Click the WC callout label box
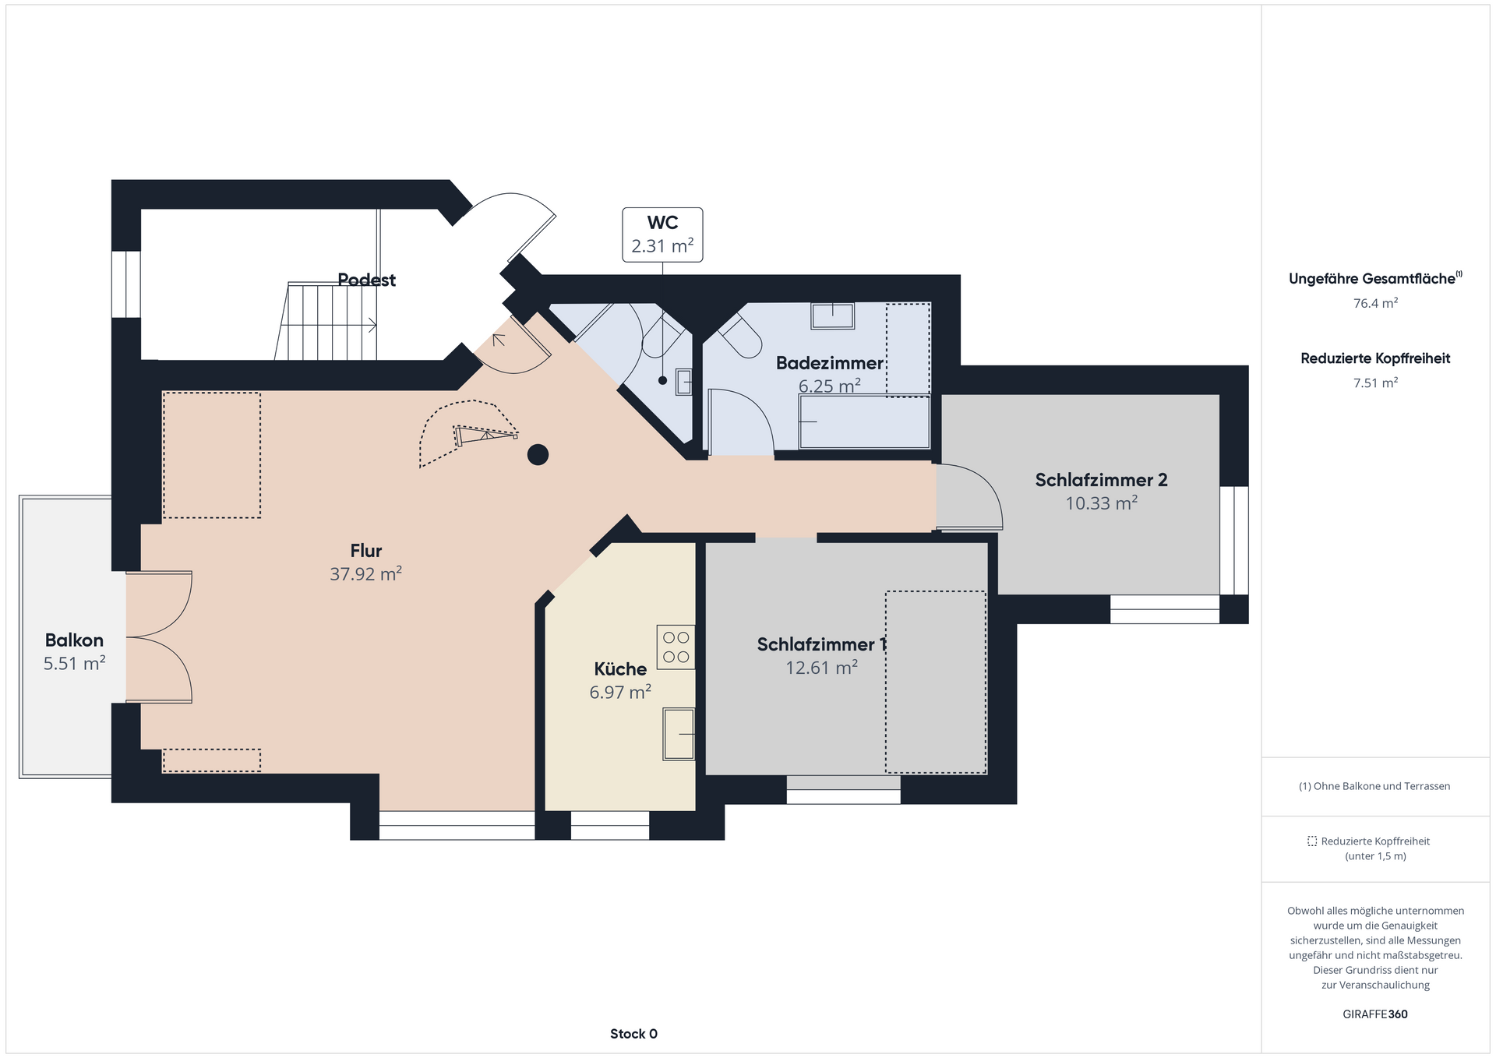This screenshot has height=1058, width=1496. [662, 235]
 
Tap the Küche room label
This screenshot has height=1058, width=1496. [620, 668]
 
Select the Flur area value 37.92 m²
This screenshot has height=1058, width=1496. [365, 574]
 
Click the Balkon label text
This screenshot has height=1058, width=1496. [74, 640]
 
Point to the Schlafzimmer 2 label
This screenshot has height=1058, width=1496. [1101, 480]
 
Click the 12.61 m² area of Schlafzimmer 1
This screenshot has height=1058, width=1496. [821, 668]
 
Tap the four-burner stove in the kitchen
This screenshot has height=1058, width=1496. [676, 647]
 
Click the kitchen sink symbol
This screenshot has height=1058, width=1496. [679, 734]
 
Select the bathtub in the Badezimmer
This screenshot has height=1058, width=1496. [864, 421]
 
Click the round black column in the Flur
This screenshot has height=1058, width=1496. [538, 454]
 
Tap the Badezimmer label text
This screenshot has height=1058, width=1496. [830, 363]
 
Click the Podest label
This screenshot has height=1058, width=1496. [366, 280]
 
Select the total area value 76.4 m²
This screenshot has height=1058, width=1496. [1375, 303]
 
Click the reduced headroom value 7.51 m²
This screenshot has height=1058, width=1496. [1375, 383]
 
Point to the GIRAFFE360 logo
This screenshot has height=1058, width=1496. [1375, 1014]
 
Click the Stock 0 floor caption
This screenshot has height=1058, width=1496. [633, 1034]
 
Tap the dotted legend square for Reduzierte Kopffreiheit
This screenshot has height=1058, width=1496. [1312, 841]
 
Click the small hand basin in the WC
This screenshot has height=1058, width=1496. [683, 382]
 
